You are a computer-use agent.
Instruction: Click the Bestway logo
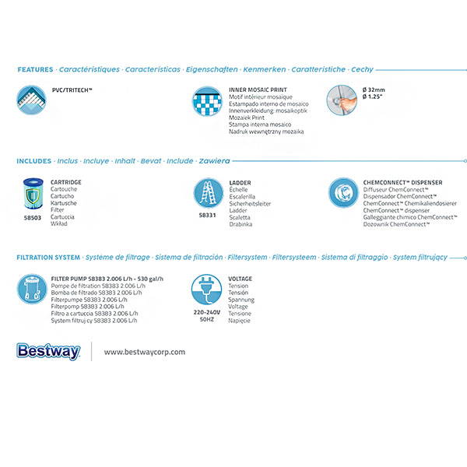point(47,352)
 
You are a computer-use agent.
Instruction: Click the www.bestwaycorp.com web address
point(145,352)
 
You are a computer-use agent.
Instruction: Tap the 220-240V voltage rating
point(206,312)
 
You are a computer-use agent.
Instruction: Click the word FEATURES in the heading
point(35,70)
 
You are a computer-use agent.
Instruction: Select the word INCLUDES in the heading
point(34,162)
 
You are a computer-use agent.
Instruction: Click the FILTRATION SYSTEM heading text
point(47,257)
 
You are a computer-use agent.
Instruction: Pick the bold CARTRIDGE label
point(65,182)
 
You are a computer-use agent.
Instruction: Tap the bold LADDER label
point(240,182)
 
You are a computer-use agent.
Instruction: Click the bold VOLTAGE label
point(240,278)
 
